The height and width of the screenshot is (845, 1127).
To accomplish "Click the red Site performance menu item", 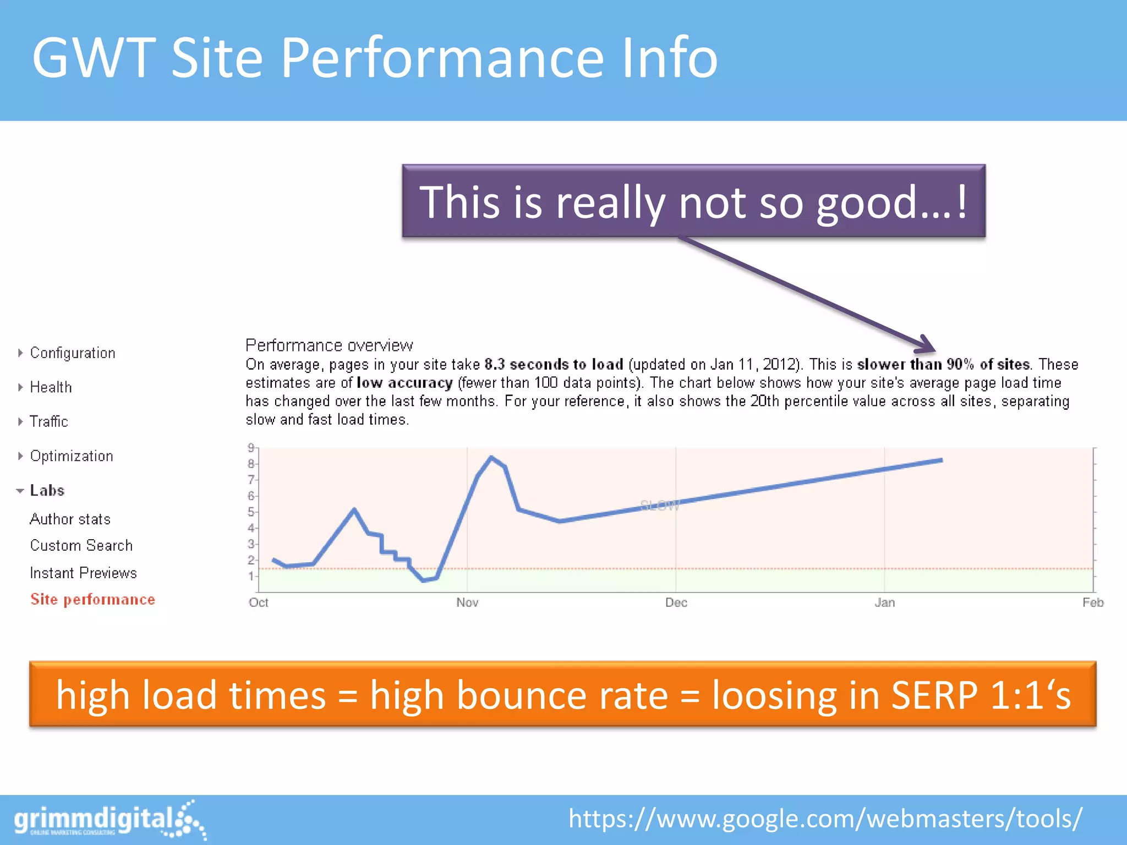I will click(92, 599).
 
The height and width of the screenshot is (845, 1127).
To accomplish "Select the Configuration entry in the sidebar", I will click(72, 353).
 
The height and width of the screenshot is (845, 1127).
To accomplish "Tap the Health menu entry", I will click(51, 387).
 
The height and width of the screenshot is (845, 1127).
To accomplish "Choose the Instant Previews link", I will click(83, 573).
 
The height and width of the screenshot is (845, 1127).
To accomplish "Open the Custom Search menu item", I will click(81, 545).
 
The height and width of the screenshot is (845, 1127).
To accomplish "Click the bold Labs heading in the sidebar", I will click(47, 490).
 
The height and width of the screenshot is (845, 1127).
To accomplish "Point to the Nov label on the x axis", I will click(467, 602).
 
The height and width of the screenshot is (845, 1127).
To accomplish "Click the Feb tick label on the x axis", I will click(1092, 602).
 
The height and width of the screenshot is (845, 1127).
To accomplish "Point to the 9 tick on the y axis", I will click(251, 448).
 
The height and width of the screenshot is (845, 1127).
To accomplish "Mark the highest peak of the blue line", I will click(491, 457).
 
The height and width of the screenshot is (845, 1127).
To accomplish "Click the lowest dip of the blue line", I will click(423, 580).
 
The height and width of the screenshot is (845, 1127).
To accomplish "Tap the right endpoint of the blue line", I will click(942, 460).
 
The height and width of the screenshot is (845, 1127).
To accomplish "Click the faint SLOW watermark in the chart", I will click(660, 505).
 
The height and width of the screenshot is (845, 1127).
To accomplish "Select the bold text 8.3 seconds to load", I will click(554, 364).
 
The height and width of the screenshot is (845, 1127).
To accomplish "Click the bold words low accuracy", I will click(404, 383).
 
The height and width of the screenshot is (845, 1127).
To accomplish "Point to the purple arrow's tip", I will click(934, 350).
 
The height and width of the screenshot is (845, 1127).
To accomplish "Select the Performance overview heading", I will click(329, 345).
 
